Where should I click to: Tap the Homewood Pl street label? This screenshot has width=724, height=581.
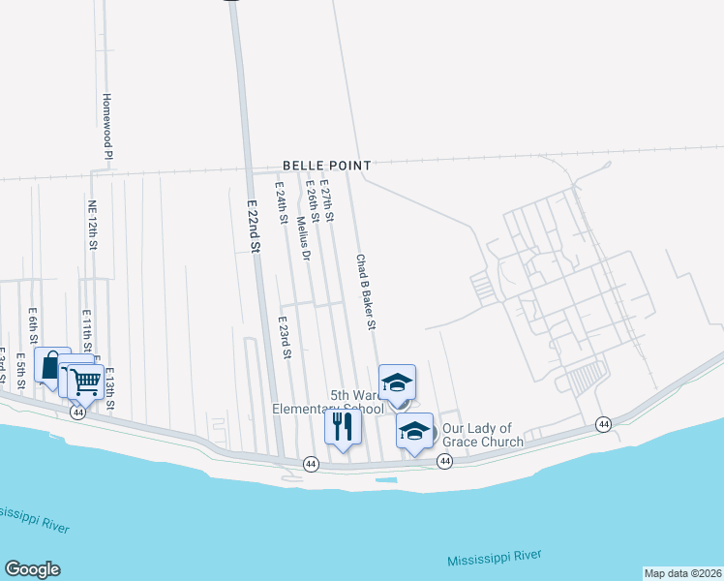coord(108,127)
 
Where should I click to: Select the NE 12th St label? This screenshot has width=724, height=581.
coord(93,226)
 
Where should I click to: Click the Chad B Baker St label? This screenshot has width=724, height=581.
coord(365,292)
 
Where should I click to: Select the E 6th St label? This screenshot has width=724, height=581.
coord(33,326)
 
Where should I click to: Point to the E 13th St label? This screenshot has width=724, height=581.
coord(109,387)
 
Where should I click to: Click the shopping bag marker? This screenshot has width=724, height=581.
coord(52,364)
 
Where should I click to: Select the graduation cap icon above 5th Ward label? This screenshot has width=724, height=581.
coord(397,382)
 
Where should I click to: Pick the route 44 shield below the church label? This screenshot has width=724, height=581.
coord(445,462)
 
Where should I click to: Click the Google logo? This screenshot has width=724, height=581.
coord(32,569)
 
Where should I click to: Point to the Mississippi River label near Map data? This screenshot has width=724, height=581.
coord(494,558)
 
